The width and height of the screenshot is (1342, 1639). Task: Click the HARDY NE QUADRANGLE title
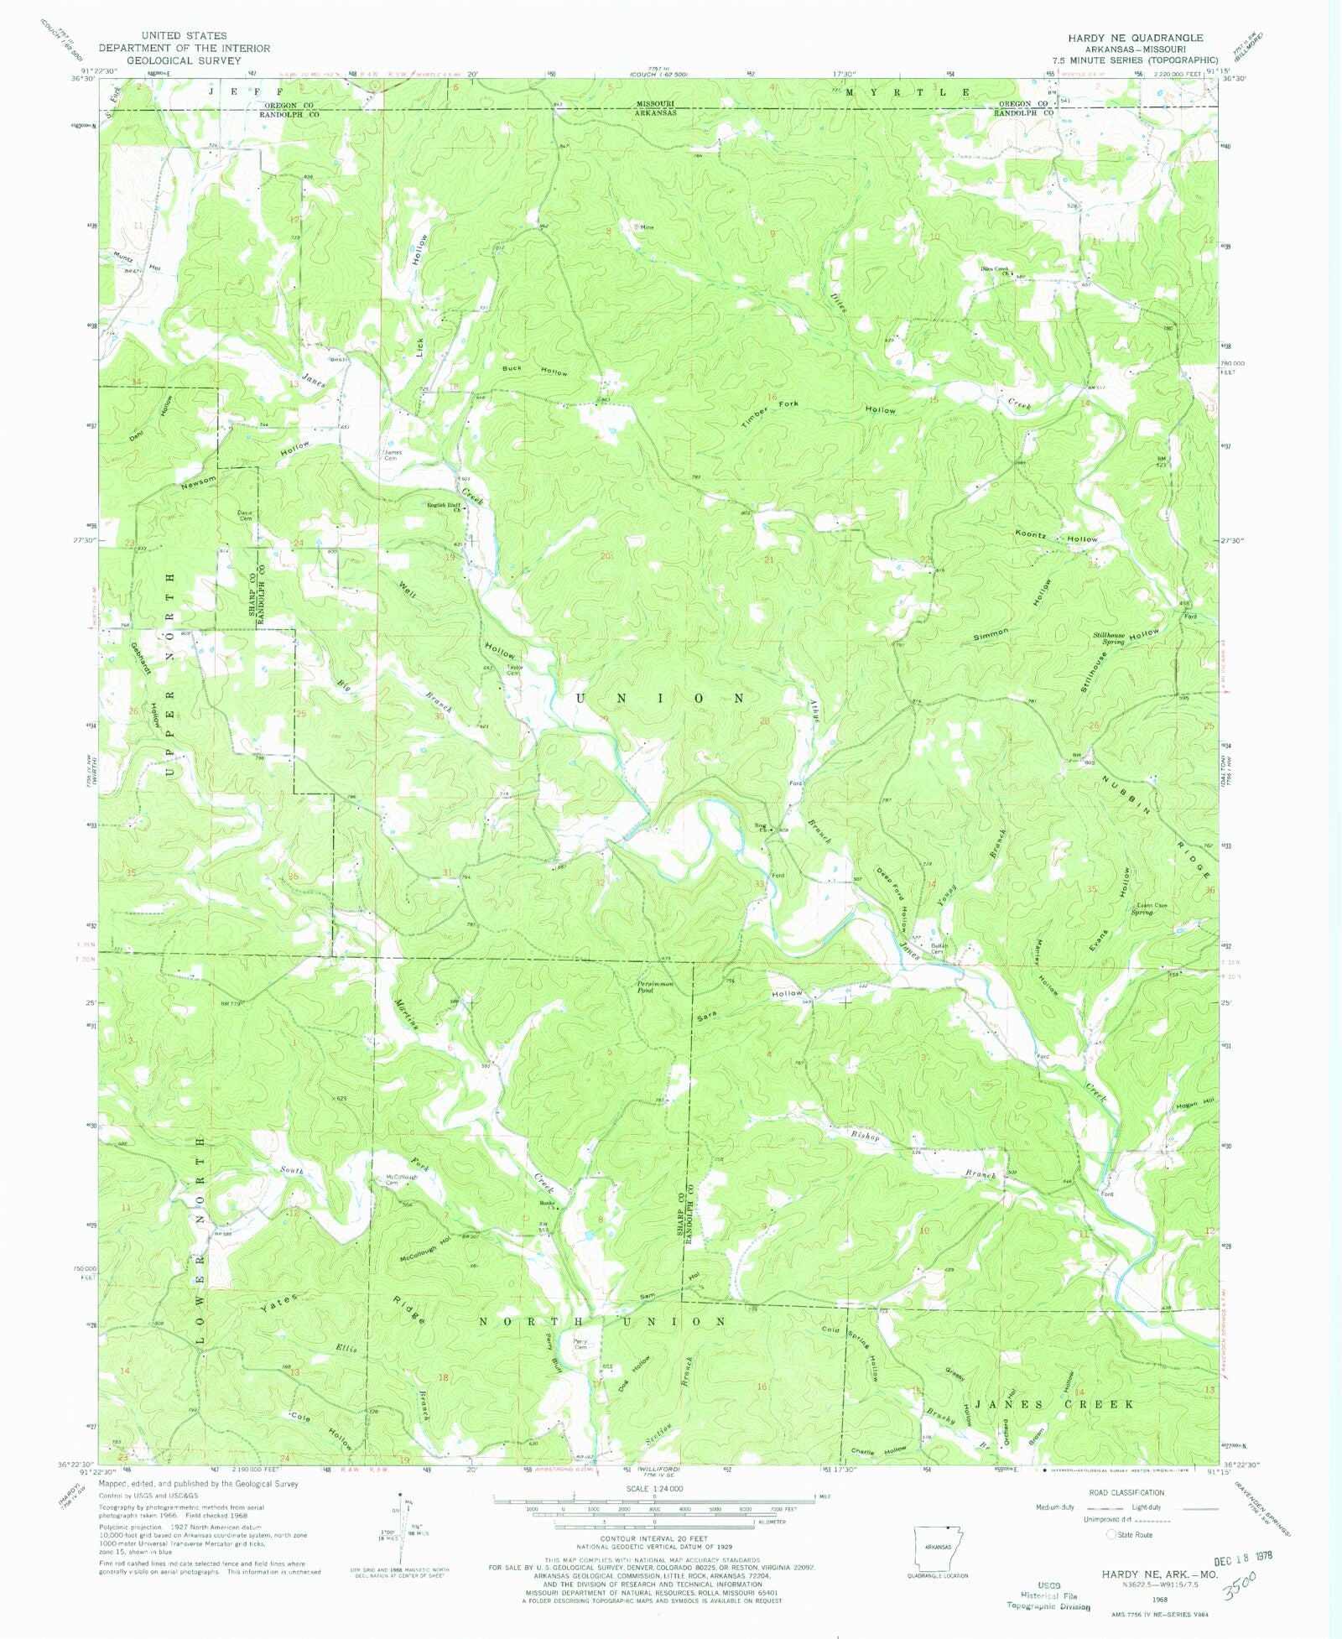(x=1135, y=38)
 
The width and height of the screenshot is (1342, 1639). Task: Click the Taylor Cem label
(x=514, y=670)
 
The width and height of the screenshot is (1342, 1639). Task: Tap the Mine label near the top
(x=647, y=226)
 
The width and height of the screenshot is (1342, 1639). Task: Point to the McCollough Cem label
(x=401, y=1179)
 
